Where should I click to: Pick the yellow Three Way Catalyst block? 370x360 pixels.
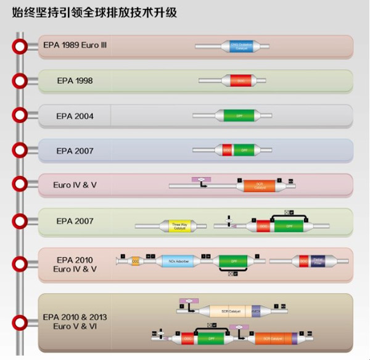[179, 226]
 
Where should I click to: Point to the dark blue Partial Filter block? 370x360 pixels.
[319, 261]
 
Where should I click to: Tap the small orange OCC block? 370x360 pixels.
[136, 261]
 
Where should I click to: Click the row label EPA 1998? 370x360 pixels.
[74, 81]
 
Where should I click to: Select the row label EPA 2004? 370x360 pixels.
[74, 115]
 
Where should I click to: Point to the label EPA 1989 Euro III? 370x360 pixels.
[75, 45]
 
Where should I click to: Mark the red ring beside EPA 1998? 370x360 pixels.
[20, 80]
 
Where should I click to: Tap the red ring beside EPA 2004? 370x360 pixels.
[20, 115]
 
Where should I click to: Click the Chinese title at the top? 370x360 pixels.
[95, 12]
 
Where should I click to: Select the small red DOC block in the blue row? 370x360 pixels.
[227, 150]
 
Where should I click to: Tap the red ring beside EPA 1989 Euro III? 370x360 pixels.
[20, 46]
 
